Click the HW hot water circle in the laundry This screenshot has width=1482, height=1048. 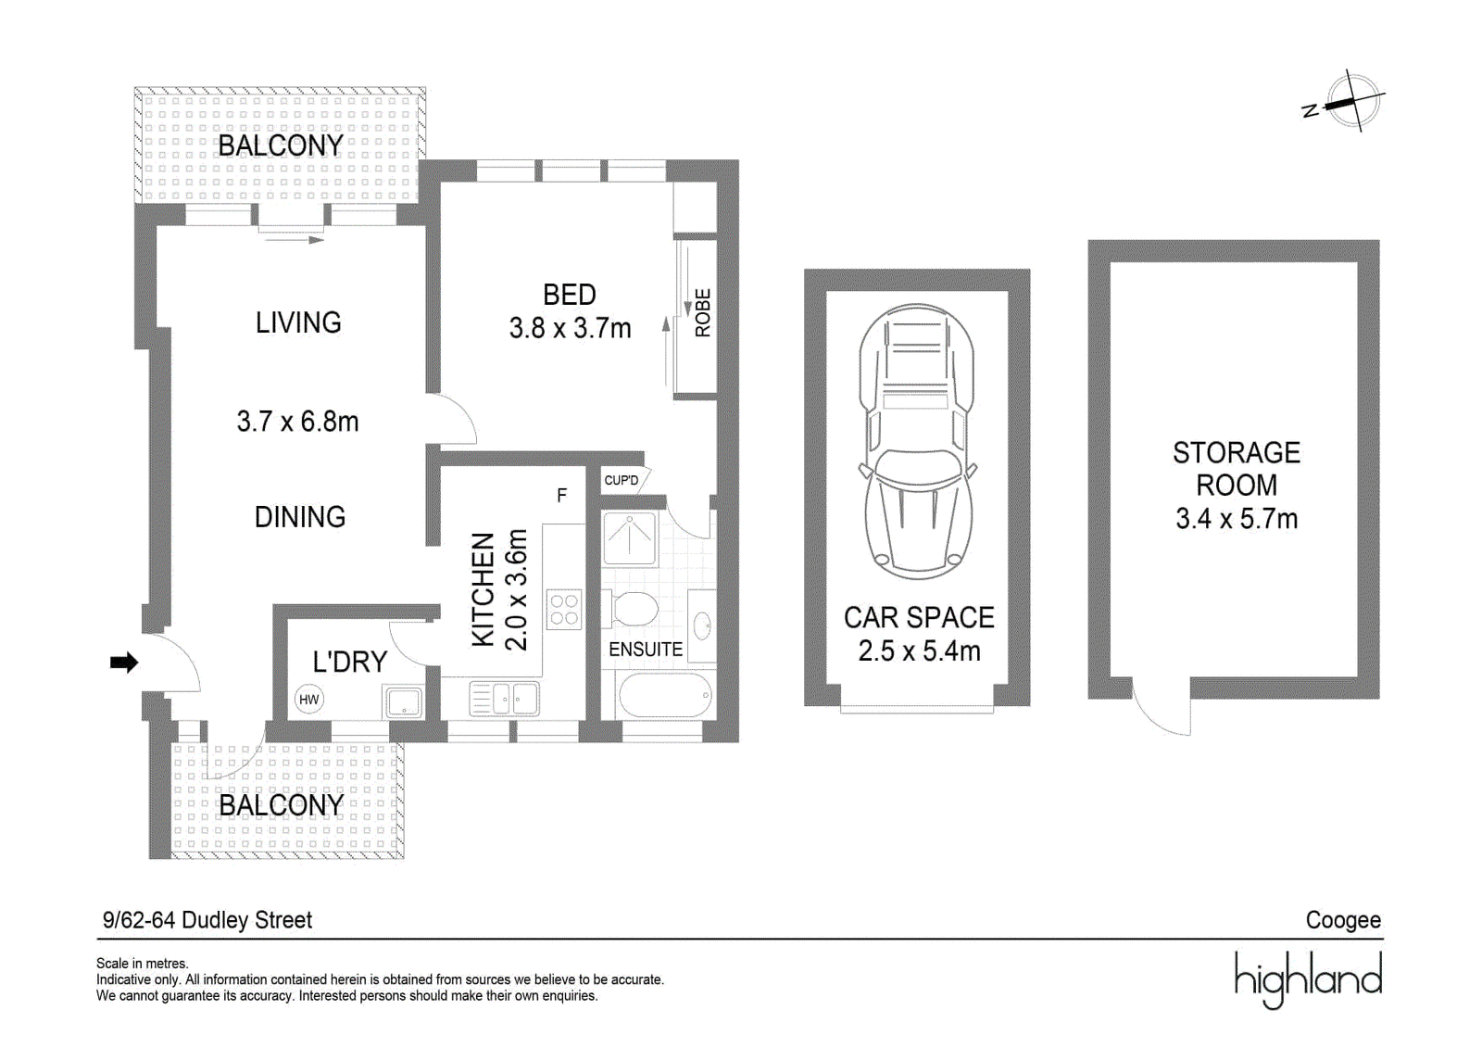tap(309, 699)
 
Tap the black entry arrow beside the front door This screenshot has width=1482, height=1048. tap(124, 662)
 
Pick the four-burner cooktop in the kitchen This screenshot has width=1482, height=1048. tap(564, 609)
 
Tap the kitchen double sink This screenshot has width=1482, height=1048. tap(504, 698)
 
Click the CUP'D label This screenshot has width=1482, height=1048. tap(622, 480)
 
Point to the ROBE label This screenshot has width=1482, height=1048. tap(703, 312)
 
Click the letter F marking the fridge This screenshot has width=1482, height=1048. tap(561, 495)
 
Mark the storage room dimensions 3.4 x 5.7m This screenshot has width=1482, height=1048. tap(1237, 518)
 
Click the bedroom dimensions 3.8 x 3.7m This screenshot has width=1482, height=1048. tap(570, 328)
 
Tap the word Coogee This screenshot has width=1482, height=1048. tap(1343, 920)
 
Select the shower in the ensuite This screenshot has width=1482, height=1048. tap(630, 538)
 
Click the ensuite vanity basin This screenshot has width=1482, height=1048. tap(702, 625)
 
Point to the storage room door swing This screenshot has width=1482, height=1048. tap(1162, 706)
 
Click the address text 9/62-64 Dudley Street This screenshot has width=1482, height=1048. tap(207, 920)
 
